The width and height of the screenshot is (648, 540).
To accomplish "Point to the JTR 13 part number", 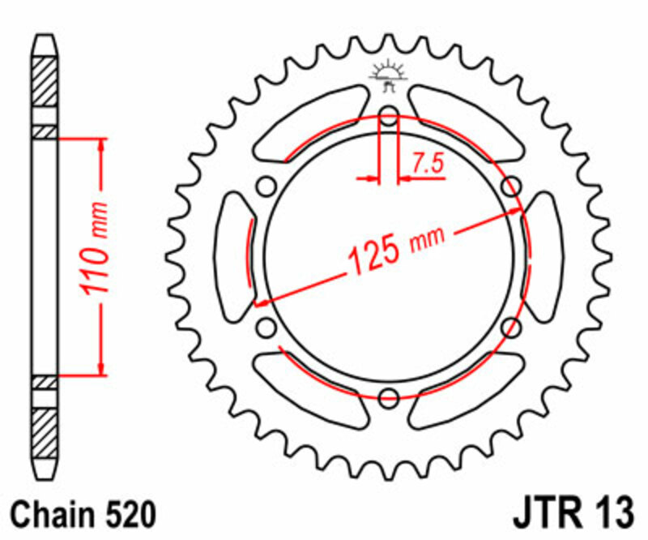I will (572, 513).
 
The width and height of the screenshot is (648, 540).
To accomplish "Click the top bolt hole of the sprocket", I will (388, 116).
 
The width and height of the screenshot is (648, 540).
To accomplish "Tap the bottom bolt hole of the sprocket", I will (388, 397).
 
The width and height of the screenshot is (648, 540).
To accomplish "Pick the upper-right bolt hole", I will (510, 186).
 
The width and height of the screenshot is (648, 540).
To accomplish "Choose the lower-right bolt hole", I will (510, 328).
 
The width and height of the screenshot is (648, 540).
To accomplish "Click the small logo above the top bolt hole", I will (387, 75).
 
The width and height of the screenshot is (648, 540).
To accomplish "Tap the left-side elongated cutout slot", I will (236, 257).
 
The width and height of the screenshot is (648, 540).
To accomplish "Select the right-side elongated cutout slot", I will (541, 257).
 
